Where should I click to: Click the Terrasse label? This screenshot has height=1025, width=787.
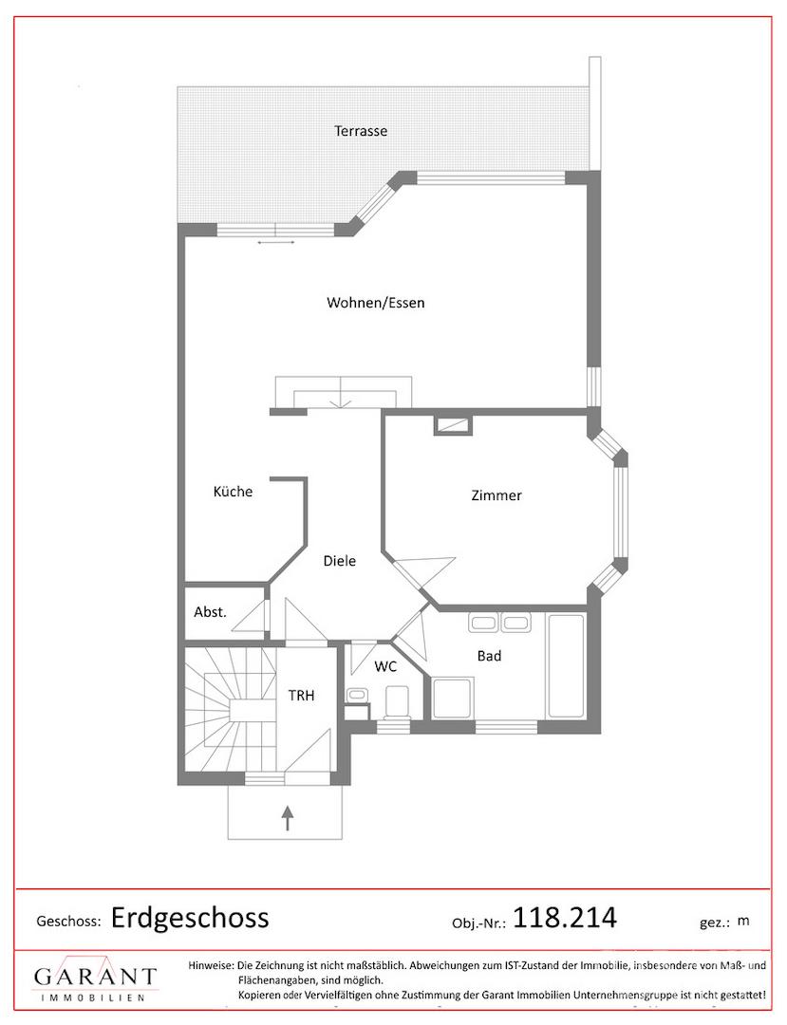pos(361,131)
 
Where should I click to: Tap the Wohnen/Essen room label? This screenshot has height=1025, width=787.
pos(376,303)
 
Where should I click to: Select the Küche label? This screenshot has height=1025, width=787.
pos(233,492)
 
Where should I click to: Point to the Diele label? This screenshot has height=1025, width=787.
pos(340,561)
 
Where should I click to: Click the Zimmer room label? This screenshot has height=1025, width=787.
pos(497,495)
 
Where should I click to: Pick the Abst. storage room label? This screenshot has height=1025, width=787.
pos(210,612)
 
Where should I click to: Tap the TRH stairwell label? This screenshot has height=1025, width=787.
pos(301,696)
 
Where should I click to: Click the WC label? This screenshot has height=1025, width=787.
pos(385,667)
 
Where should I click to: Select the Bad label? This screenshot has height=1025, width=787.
pos(489,656)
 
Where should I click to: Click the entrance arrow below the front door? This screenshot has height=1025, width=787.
pos(287,818)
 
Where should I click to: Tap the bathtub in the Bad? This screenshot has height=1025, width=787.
pos(566,664)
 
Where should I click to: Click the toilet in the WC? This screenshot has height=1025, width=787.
pos(396,702)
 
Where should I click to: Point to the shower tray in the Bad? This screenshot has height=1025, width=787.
pos(451,699)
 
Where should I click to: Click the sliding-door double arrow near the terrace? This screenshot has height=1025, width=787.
pos(276,243)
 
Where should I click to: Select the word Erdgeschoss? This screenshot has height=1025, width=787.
pos(190,918)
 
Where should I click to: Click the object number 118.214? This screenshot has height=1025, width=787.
pos(565,917)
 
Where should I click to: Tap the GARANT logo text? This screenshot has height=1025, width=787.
pos(96,977)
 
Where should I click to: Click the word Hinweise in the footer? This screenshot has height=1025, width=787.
pos(211,965)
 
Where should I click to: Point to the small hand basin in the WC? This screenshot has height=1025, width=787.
pos(357,695)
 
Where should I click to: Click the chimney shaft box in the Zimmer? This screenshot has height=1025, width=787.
pos(451,425)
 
